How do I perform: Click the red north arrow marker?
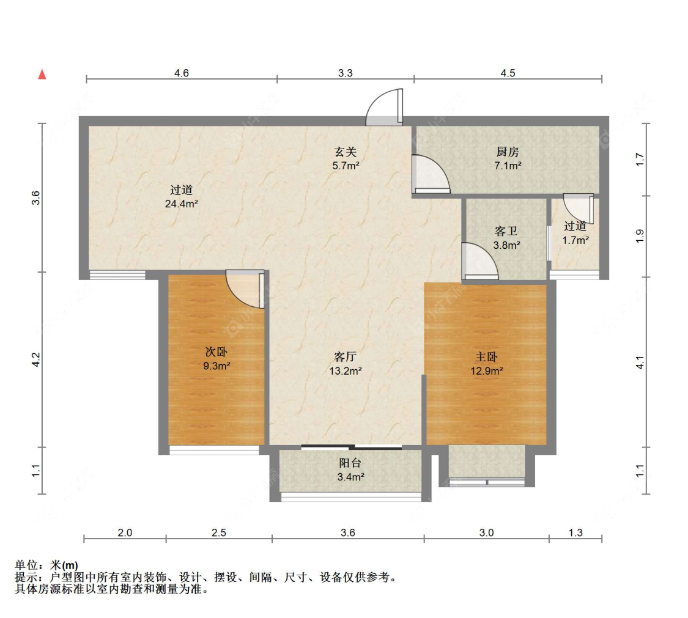click(x=42, y=75)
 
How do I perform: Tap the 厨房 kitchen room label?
click(x=508, y=152)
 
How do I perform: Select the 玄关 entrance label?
click(x=346, y=152)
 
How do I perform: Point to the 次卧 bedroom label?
click(x=216, y=351)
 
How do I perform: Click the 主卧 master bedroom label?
click(x=487, y=357)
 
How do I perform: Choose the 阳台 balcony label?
click(x=350, y=463)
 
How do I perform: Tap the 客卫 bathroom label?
click(x=506, y=231)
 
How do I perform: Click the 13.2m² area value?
click(x=346, y=371)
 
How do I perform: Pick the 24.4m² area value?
click(x=181, y=204)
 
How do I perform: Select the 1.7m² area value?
click(x=575, y=240)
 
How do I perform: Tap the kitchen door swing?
click(x=431, y=174)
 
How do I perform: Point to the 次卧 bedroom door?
click(x=245, y=289)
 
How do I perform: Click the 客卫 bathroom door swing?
click(x=480, y=260)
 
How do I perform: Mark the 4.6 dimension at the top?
click(x=181, y=73)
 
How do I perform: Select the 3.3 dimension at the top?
click(x=346, y=73)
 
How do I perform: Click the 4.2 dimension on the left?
click(x=36, y=360)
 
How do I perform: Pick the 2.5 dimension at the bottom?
click(x=218, y=532)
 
